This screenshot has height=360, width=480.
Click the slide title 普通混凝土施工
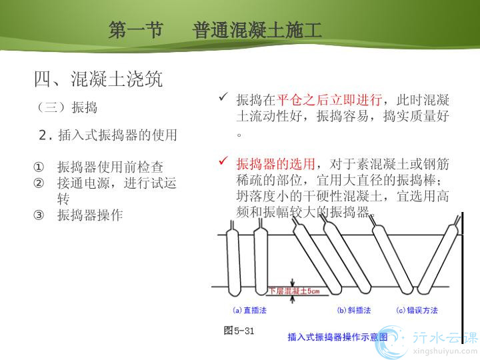257,30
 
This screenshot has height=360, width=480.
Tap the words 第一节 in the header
135,30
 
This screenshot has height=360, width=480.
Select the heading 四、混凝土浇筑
98,79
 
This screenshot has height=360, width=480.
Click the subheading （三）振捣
67,107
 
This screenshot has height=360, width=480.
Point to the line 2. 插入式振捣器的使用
108,135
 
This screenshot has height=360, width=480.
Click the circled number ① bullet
39,167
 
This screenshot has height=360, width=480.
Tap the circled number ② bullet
39,183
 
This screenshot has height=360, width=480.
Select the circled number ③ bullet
39,215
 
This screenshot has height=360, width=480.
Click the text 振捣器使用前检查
110,167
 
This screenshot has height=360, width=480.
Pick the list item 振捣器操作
90,215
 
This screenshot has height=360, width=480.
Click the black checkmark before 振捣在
223,97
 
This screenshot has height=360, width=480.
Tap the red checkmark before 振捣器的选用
223,161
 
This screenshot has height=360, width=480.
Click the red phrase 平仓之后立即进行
329,100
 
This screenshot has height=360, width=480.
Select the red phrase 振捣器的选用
275,164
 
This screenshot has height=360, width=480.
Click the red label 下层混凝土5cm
294,291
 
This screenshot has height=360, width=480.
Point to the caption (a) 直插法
249,311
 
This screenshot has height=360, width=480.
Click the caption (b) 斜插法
354,311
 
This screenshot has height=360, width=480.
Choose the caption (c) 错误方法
417,311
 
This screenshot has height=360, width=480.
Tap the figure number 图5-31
239,331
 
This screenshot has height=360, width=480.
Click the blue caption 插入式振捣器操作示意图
337,337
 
